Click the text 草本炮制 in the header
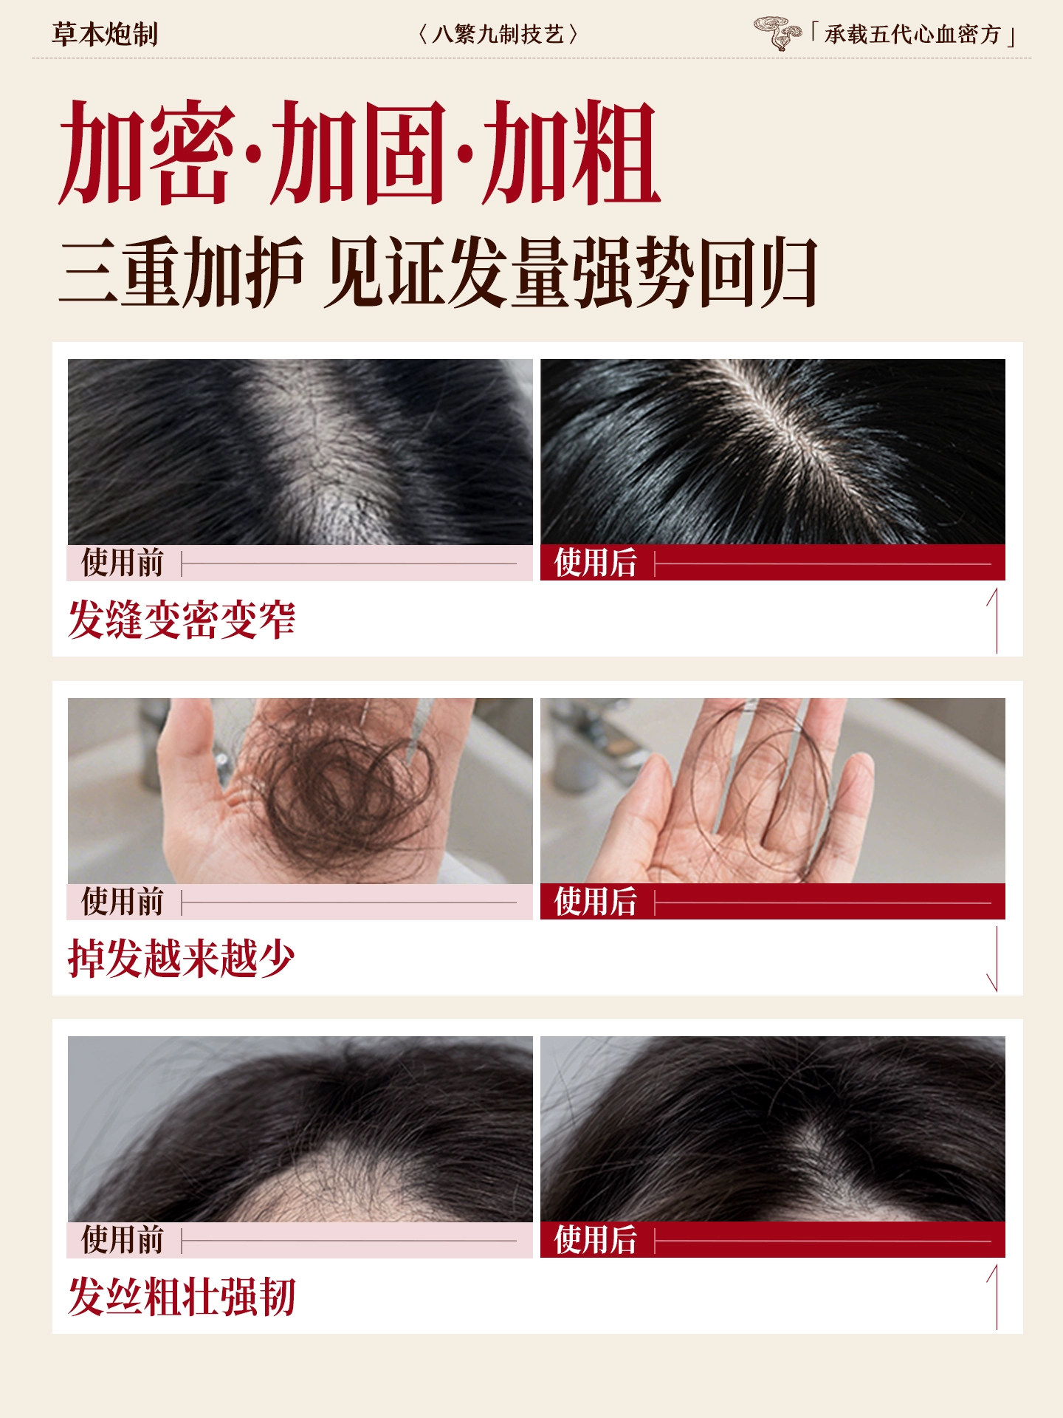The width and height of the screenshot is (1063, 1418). [105, 35]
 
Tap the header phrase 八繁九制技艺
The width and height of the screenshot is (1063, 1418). [498, 35]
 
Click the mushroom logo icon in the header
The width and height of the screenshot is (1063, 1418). [777, 33]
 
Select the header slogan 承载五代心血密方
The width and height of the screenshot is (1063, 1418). [912, 35]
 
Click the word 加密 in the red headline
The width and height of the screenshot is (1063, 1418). [148, 153]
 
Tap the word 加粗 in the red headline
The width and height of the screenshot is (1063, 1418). [571, 153]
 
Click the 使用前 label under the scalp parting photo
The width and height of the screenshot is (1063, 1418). [123, 563]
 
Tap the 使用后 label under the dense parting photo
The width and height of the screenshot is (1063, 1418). [595, 563]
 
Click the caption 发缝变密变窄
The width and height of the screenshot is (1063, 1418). [182, 619]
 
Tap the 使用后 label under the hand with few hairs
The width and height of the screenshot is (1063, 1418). [595, 902]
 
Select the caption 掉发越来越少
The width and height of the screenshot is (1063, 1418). [182, 958]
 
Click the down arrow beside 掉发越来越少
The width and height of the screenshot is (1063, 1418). [995, 958]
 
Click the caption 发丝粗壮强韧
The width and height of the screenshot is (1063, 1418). [182, 1297]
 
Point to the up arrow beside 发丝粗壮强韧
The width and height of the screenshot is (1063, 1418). [995, 1297]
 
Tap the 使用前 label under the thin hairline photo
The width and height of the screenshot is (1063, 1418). [123, 1240]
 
